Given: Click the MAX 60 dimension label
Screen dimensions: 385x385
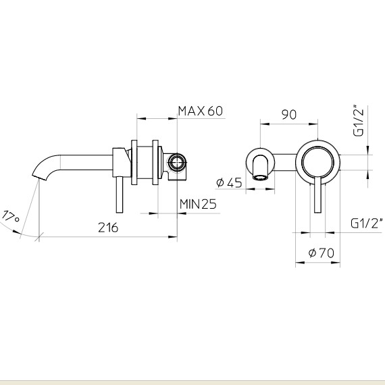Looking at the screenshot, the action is pyautogui.click(x=201, y=111).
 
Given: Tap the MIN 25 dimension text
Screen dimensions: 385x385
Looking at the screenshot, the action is pyautogui.click(x=198, y=204).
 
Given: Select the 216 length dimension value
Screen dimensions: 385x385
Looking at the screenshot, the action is pyautogui.click(x=108, y=228).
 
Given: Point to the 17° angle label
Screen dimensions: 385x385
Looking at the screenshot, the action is pyautogui.click(x=10, y=216).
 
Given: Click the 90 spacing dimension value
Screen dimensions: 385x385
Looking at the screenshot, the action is pyautogui.click(x=289, y=115).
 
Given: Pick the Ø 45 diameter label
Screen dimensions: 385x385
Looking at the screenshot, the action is pyautogui.click(x=229, y=182).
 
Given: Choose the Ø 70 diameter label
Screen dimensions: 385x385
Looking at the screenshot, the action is pyautogui.click(x=322, y=253).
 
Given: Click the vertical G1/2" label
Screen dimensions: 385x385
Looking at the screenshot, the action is pyautogui.click(x=358, y=120).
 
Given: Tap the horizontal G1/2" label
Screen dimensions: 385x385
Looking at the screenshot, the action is pyautogui.click(x=367, y=223).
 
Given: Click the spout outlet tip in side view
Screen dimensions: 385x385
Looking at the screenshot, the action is pyautogui.click(x=39, y=177).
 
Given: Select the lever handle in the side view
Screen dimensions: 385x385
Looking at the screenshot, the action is pyautogui.click(x=120, y=195).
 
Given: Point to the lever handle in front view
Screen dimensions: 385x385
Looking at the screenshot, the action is pyautogui.click(x=317, y=195).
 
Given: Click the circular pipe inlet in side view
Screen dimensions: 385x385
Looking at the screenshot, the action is pyautogui.click(x=176, y=163).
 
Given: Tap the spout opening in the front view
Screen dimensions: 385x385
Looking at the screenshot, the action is pyautogui.click(x=260, y=177).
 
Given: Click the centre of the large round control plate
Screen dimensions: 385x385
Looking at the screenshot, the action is pyautogui.click(x=317, y=162).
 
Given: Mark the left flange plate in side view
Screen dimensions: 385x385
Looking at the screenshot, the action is pyautogui.click(x=134, y=162).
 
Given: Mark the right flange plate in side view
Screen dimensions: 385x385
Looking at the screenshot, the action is pyautogui.click(x=155, y=162).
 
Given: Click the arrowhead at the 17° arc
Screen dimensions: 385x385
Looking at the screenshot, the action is pyautogui.click(x=17, y=232).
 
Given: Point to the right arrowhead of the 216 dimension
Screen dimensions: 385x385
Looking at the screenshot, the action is pyautogui.click(x=173, y=237).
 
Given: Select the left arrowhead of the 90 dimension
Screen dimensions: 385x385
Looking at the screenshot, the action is pyautogui.click(x=265, y=124).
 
